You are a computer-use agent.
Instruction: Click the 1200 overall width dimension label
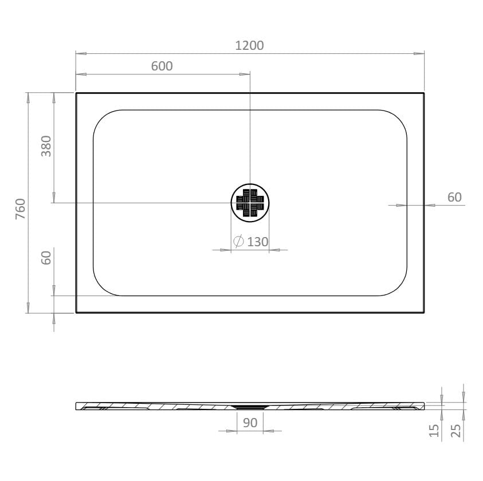(x=249, y=45)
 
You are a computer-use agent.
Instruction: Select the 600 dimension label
(x=162, y=66)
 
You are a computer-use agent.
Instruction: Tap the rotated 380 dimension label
(x=46, y=146)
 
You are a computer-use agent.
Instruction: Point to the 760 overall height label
(x=20, y=208)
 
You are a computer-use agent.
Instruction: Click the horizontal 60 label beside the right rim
(x=454, y=198)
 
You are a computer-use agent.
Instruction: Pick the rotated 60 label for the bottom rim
(x=46, y=258)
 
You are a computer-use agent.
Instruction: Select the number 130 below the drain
(x=258, y=242)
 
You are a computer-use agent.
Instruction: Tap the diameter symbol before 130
(x=239, y=242)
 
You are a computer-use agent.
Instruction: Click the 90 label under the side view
(x=250, y=423)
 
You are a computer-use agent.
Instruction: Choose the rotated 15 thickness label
(x=434, y=431)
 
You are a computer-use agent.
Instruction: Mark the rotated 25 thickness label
(x=456, y=431)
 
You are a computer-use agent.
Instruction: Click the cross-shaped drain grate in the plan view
(x=250, y=202)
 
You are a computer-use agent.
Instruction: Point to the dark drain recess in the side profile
(x=250, y=406)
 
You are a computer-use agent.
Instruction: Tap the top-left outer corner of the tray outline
(x=76, y=93)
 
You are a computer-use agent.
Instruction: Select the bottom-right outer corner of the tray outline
(x=423, y=312)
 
